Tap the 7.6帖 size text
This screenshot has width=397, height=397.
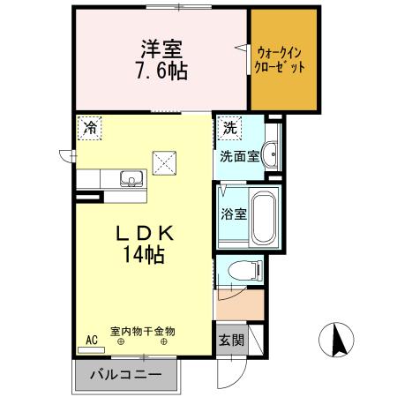160,71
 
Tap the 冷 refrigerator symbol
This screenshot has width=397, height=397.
89,128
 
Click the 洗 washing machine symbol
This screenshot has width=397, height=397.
229,127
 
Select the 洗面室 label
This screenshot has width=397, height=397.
239,157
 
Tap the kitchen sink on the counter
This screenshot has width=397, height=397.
131,180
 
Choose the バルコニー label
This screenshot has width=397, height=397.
126,374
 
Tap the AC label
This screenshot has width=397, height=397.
91,339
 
